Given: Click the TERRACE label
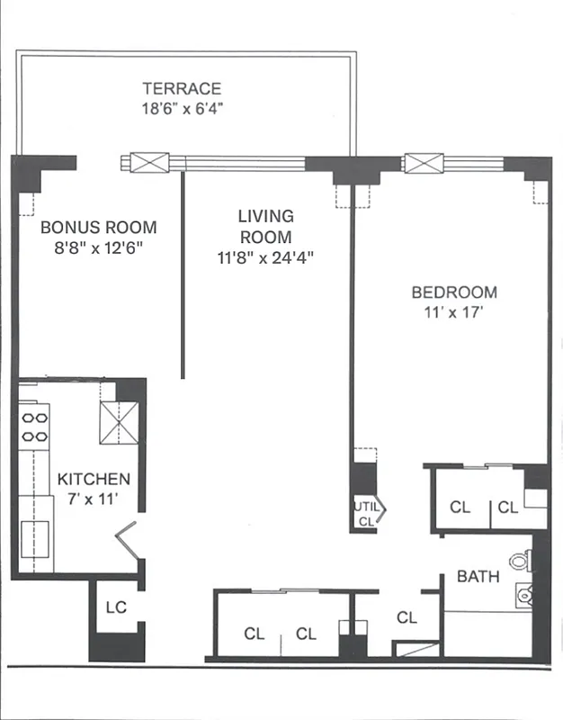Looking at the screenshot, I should tap(182, 88).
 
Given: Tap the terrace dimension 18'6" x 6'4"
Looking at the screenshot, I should tap(182, 108).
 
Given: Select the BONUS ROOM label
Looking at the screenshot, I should tap(98, 228).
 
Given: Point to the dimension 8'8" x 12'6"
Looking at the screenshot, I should tap(98, 247).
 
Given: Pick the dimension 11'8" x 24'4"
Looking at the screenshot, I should tap(264, 257).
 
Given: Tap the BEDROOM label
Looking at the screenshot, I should tap(453, 292).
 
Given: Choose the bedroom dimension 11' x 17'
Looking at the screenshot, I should tap(453, 313).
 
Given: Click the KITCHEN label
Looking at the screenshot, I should tap(94, 479).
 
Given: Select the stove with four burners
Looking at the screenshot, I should tap(34, 427).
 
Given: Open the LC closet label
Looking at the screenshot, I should tap(116, 607).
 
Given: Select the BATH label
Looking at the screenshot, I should tap(478, 577).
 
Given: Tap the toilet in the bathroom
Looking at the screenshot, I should tap(521, 562).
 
